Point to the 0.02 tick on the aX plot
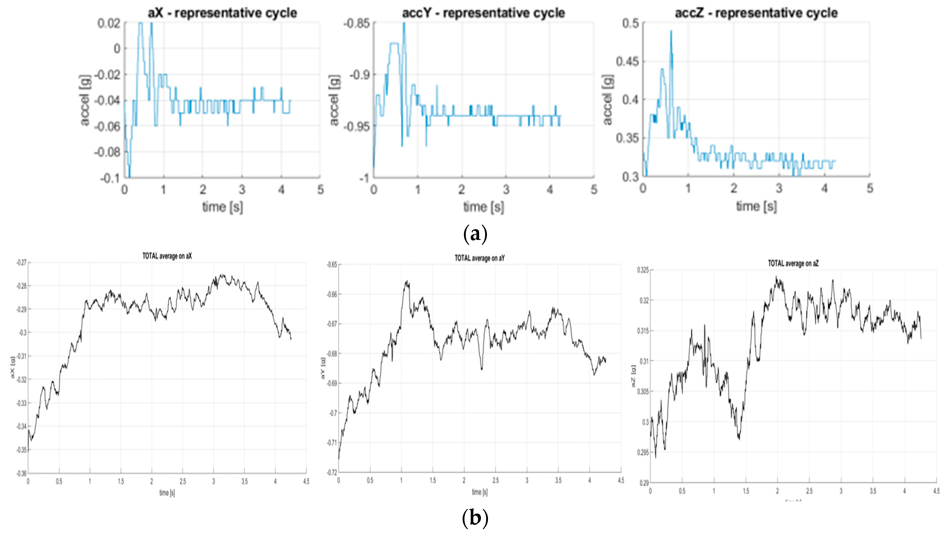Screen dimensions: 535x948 (x=109, y=23)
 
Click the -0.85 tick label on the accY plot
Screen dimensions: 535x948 (x=356, y=23)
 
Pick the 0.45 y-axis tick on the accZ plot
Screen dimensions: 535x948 (x=628, y=61)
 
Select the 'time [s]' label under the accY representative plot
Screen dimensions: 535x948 (x=483, y=207)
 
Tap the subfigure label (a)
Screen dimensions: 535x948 (x=475, y=233)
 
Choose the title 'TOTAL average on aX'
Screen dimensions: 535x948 (x=167, y=256)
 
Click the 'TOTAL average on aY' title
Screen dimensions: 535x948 (x=480, y=258)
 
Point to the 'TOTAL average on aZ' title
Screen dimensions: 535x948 (x=793, y=263)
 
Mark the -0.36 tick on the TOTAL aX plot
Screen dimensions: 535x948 (x=22, y=473)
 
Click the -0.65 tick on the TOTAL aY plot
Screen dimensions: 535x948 (x=332, y=264)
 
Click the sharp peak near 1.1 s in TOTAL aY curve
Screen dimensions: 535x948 (x=407, y=281)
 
